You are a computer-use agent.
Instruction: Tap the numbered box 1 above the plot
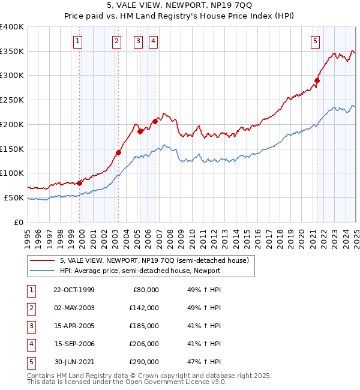point(79,41)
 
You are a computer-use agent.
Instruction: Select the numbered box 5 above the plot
point(315,41)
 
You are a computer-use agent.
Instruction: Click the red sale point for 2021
point(317,80)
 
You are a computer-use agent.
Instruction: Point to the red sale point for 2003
point(118,152)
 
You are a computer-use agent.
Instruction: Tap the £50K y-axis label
point(14,197)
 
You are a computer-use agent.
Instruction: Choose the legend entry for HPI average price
point(140,271)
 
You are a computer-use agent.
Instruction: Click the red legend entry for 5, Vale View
point(158,260)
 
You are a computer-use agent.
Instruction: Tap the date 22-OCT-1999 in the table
point(74,290)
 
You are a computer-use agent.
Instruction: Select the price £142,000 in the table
point(144,308)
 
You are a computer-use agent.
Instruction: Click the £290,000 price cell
point(144,362)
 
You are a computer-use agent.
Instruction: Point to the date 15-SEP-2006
point(74,344)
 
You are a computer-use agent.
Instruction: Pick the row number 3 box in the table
point(31,326)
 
